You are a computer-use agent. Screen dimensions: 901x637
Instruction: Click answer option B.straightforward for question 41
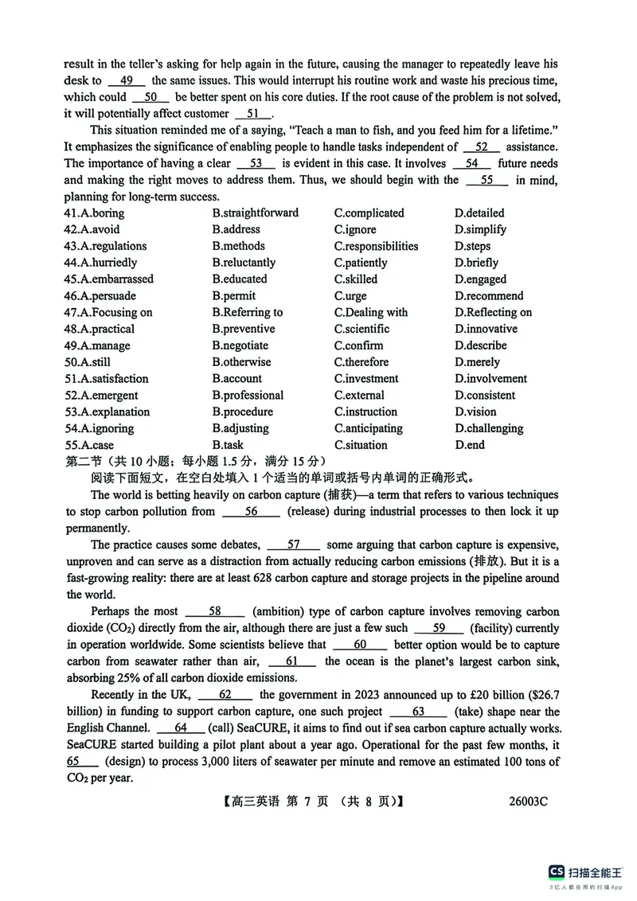256,213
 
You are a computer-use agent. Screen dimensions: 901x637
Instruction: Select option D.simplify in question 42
480,229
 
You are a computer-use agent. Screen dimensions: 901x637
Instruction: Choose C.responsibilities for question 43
376,246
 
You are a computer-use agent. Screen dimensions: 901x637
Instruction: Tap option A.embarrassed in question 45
109,279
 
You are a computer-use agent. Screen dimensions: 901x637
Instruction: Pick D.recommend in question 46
489,296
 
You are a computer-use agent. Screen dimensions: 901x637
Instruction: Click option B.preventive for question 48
244,329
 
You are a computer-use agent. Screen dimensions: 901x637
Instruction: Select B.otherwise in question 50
241,362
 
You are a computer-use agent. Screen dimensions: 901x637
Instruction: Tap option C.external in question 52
359,396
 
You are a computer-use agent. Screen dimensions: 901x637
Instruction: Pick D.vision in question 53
475,411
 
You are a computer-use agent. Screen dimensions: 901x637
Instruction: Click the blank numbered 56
251,511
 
